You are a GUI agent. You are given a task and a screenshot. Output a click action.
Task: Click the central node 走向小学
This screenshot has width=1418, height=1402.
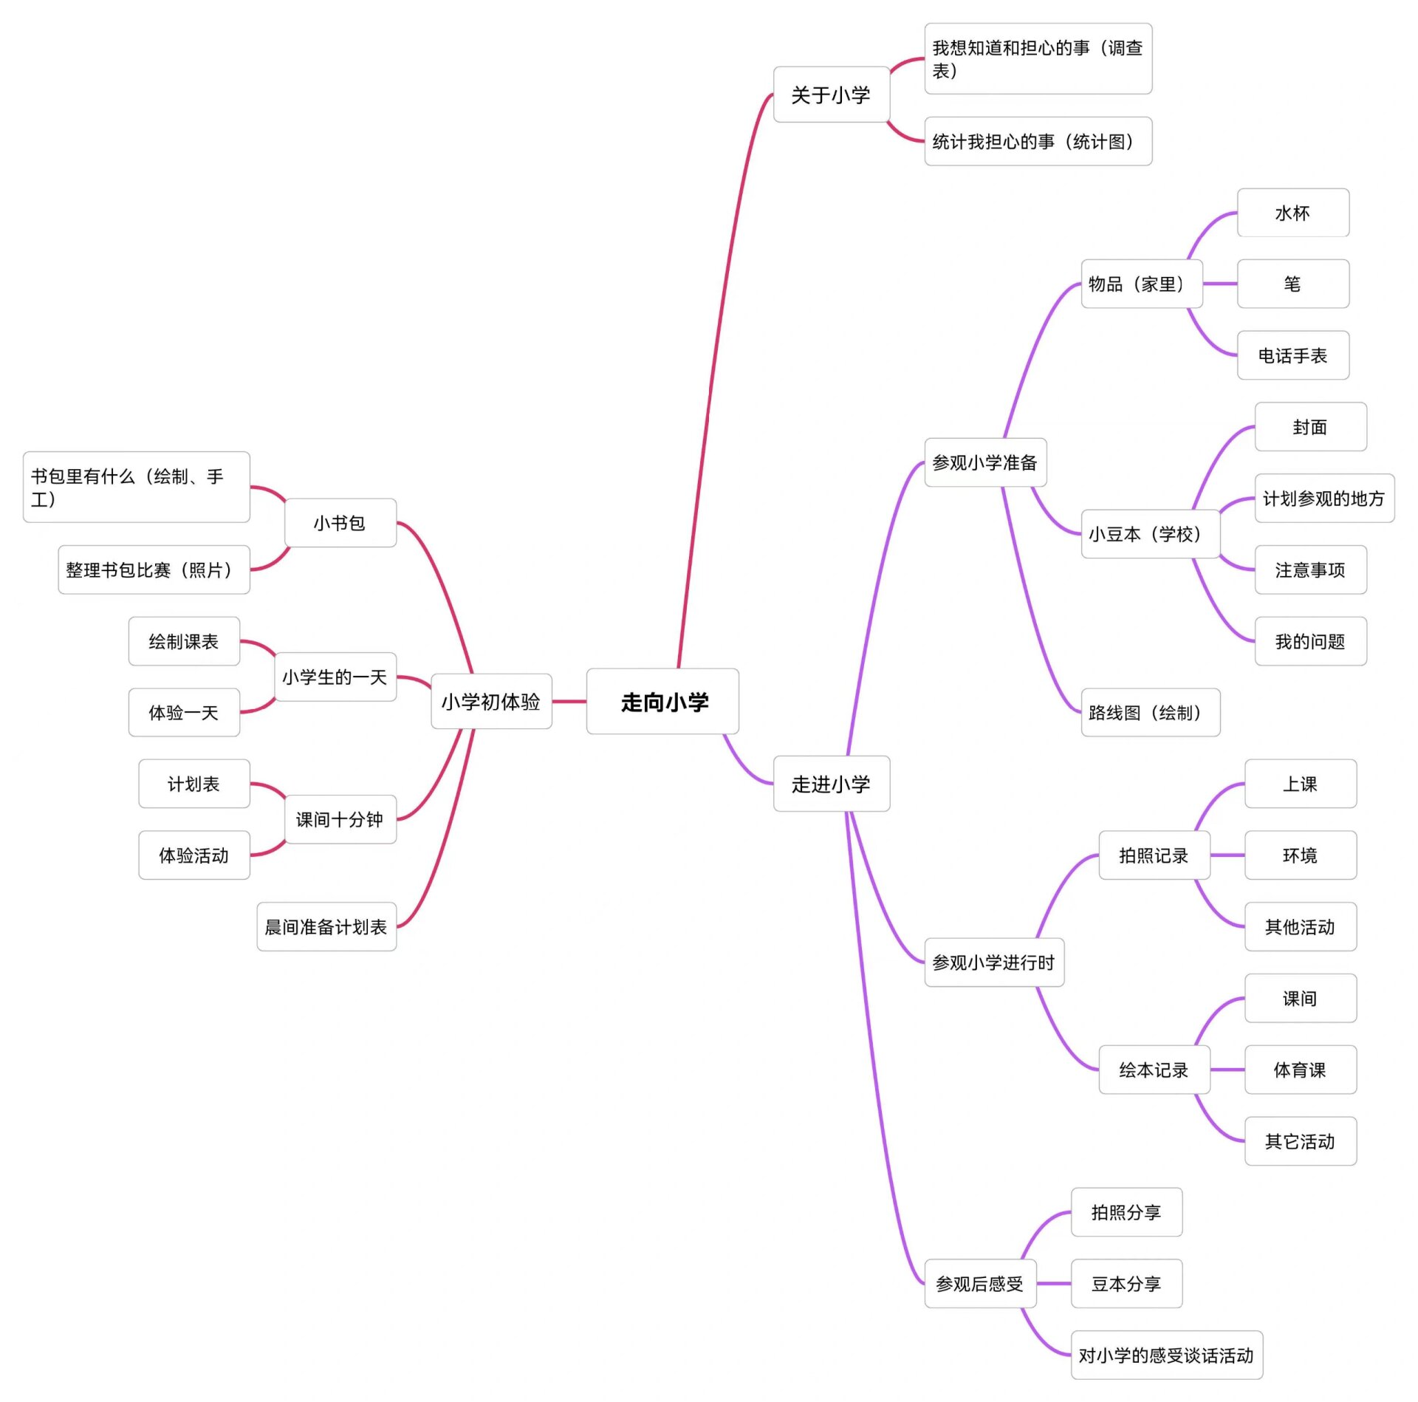662,701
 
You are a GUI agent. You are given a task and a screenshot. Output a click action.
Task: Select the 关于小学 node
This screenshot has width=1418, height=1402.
831,95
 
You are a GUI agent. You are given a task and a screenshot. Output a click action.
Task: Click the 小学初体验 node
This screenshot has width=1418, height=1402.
491,701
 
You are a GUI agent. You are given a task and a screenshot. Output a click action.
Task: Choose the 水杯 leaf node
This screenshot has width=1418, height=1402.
1292,213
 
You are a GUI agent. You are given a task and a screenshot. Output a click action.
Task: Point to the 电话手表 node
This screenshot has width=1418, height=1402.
1292,355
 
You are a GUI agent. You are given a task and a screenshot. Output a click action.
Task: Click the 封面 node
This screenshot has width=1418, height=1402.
1310,427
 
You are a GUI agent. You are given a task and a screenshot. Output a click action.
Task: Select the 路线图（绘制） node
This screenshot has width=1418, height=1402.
1150,712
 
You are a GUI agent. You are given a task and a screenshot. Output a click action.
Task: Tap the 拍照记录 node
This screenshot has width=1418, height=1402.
1154,855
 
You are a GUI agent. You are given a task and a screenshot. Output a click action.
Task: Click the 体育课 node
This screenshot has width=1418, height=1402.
1300,1069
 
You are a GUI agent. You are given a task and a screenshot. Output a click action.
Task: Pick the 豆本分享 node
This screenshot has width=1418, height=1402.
1126,1283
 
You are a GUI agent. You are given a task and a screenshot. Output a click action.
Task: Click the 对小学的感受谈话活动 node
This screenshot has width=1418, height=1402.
1166,1355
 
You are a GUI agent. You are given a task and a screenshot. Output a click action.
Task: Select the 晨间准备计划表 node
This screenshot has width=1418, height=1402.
326,926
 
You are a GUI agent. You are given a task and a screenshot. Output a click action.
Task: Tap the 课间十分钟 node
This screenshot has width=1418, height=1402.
340,819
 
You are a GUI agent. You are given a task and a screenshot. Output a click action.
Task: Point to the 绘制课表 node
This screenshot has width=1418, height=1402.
184,641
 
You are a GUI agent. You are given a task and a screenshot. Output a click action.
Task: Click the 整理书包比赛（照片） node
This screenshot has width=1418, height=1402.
154,570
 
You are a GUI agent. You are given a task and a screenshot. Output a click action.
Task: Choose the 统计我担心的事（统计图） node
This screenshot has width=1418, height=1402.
1038,141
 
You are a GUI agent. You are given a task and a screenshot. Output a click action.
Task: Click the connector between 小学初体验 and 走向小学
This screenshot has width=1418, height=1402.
569,701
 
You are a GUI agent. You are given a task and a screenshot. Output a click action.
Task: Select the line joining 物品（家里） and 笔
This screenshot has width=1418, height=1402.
1219,284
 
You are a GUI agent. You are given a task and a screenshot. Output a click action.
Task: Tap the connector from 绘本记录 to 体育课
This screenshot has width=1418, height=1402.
1227,1069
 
